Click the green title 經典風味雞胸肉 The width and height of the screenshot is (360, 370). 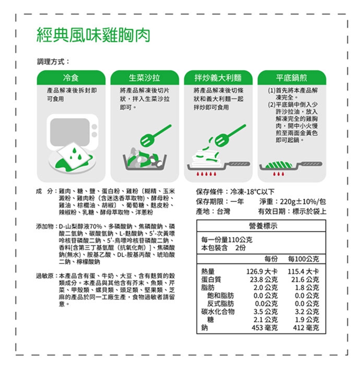click(94, 35)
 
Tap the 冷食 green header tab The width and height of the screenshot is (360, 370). click(71, 78)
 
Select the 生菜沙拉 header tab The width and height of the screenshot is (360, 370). click(144, 78)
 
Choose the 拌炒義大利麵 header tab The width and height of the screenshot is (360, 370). click(218, 78)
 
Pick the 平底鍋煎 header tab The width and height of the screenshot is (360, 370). click(292, 78)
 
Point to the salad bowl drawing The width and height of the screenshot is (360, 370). click(144, 159)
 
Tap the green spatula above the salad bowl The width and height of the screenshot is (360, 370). click(156, 135)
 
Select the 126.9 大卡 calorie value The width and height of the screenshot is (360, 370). click(262, 271)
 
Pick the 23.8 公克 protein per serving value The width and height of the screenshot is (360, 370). click(264, 279)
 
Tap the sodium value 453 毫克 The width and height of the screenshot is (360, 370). click(264, 327)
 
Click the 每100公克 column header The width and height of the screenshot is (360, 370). click(303, 259)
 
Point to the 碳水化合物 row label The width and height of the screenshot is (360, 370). click(217, 311)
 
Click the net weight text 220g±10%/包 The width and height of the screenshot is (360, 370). click(303, 202)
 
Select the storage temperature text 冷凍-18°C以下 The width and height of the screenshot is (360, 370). click(252, 191)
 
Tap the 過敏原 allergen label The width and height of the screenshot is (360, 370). click(45, 275)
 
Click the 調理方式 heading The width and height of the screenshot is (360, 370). click(50, 62)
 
